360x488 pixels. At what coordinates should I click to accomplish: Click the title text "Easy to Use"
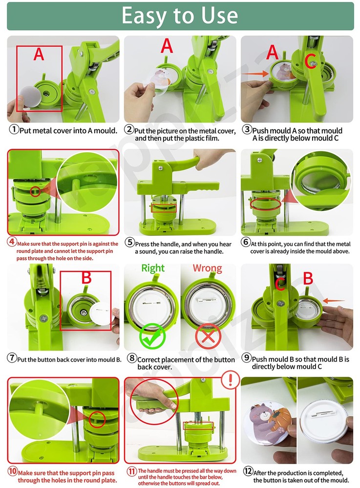tap(180, 16)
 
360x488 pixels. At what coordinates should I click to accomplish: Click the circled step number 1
tap(14, 130)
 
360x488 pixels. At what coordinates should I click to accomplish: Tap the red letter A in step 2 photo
tap(167, 46)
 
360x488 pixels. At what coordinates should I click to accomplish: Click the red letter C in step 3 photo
tap(310, 61)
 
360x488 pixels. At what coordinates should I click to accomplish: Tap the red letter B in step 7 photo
tap(86, 279)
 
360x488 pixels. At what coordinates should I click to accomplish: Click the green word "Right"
tap(153, 268)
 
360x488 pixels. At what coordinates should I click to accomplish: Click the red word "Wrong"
tap(207, 268)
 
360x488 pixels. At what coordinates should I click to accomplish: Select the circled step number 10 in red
tap(13, 472)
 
